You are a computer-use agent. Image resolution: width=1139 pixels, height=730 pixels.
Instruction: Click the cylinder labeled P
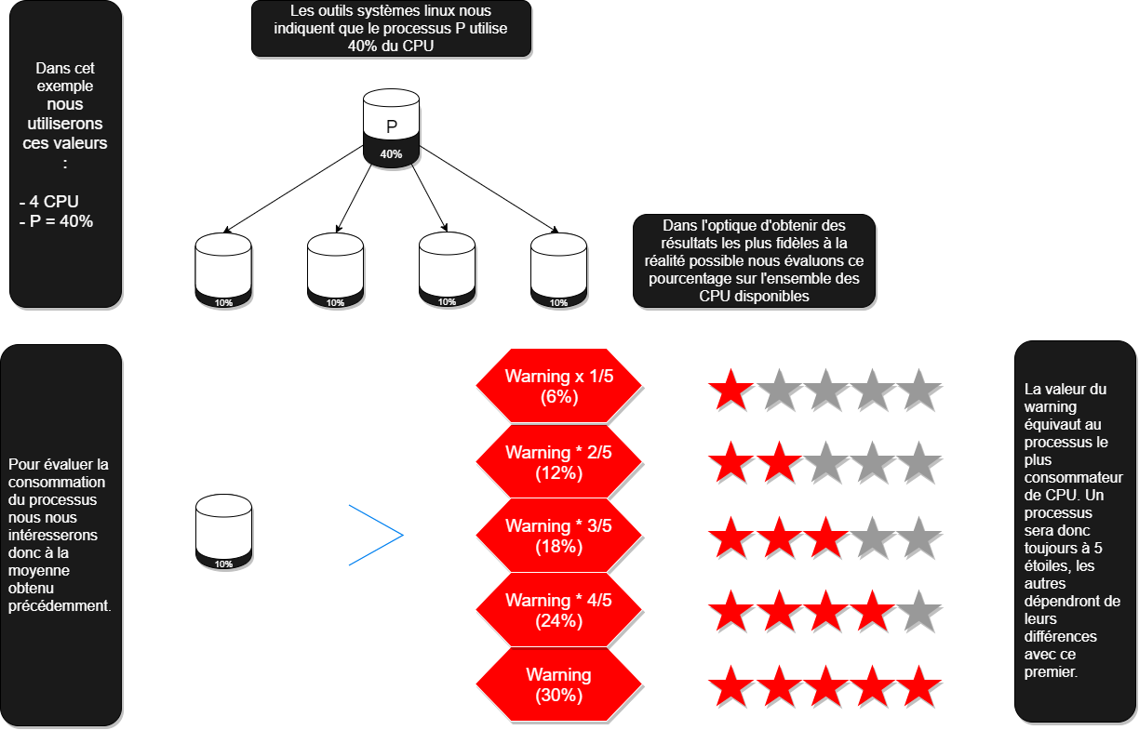tap(391, 121)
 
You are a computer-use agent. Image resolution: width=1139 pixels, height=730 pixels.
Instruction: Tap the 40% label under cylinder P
tap(391, 154)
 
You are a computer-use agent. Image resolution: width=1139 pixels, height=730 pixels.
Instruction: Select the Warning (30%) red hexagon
tap(558, 685)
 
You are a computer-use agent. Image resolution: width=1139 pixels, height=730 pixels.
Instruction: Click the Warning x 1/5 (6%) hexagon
tap(558, 387)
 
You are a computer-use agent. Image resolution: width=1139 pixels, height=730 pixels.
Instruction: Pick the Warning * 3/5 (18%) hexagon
tap(558, 537)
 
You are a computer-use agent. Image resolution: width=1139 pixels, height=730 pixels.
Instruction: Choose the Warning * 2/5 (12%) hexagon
tap(558, 462)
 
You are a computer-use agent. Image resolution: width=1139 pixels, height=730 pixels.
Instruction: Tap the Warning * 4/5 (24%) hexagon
tap(558, 611)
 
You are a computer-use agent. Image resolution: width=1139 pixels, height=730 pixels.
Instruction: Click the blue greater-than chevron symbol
tap(377, 535)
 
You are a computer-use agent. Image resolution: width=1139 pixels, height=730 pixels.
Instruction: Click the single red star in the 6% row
tap(731, 390)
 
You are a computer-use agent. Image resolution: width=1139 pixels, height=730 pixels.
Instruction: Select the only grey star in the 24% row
tap(919, 612)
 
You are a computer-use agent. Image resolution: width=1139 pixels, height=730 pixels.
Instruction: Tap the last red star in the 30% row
tap(919, 686)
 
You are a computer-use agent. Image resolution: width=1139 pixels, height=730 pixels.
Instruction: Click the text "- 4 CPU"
tap(48, 202)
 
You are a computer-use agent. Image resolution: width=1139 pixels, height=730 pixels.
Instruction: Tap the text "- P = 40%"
tap(56, 221)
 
